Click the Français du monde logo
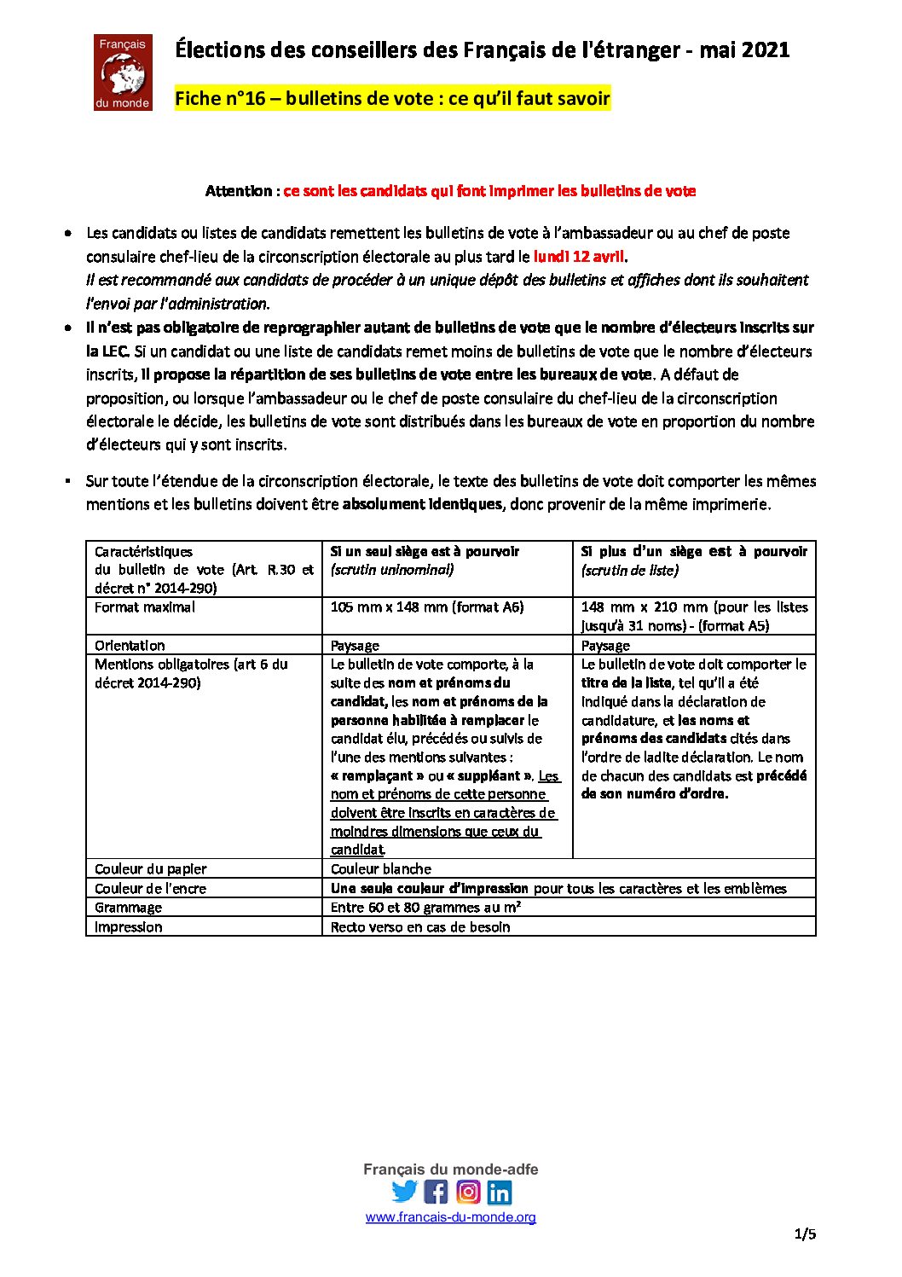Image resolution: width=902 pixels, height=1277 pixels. click(123, 73)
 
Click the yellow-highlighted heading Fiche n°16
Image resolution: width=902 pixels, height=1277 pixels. click(392, 99)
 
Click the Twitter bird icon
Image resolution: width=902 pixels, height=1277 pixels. click(405, 1191)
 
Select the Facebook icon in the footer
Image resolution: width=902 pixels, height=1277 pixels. click(436, 1191)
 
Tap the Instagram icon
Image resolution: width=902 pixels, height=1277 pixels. click(468, 1191)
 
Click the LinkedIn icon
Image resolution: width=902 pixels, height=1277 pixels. click(500, 1191)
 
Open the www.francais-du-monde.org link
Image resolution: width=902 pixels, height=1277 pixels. click(450, 1217)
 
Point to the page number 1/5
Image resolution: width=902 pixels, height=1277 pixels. click(805, 1233)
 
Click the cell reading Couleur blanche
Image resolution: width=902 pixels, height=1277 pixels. click(381, 869)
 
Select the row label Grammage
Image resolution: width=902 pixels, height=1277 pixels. click(128, 908)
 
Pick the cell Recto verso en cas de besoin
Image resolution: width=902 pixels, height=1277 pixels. click(420, 927)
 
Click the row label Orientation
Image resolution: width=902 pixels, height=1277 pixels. click(130, 646)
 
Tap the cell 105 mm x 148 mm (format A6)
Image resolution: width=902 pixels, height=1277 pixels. click(427, 607)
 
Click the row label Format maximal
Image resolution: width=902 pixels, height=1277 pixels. click(145, 607)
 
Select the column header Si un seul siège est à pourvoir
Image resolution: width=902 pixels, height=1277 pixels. click(425, 552)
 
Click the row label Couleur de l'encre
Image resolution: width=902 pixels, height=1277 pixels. click(150, 889)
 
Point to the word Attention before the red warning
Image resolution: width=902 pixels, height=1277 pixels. click(239, 191)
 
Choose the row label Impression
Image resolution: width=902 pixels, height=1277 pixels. click(128, 927)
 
